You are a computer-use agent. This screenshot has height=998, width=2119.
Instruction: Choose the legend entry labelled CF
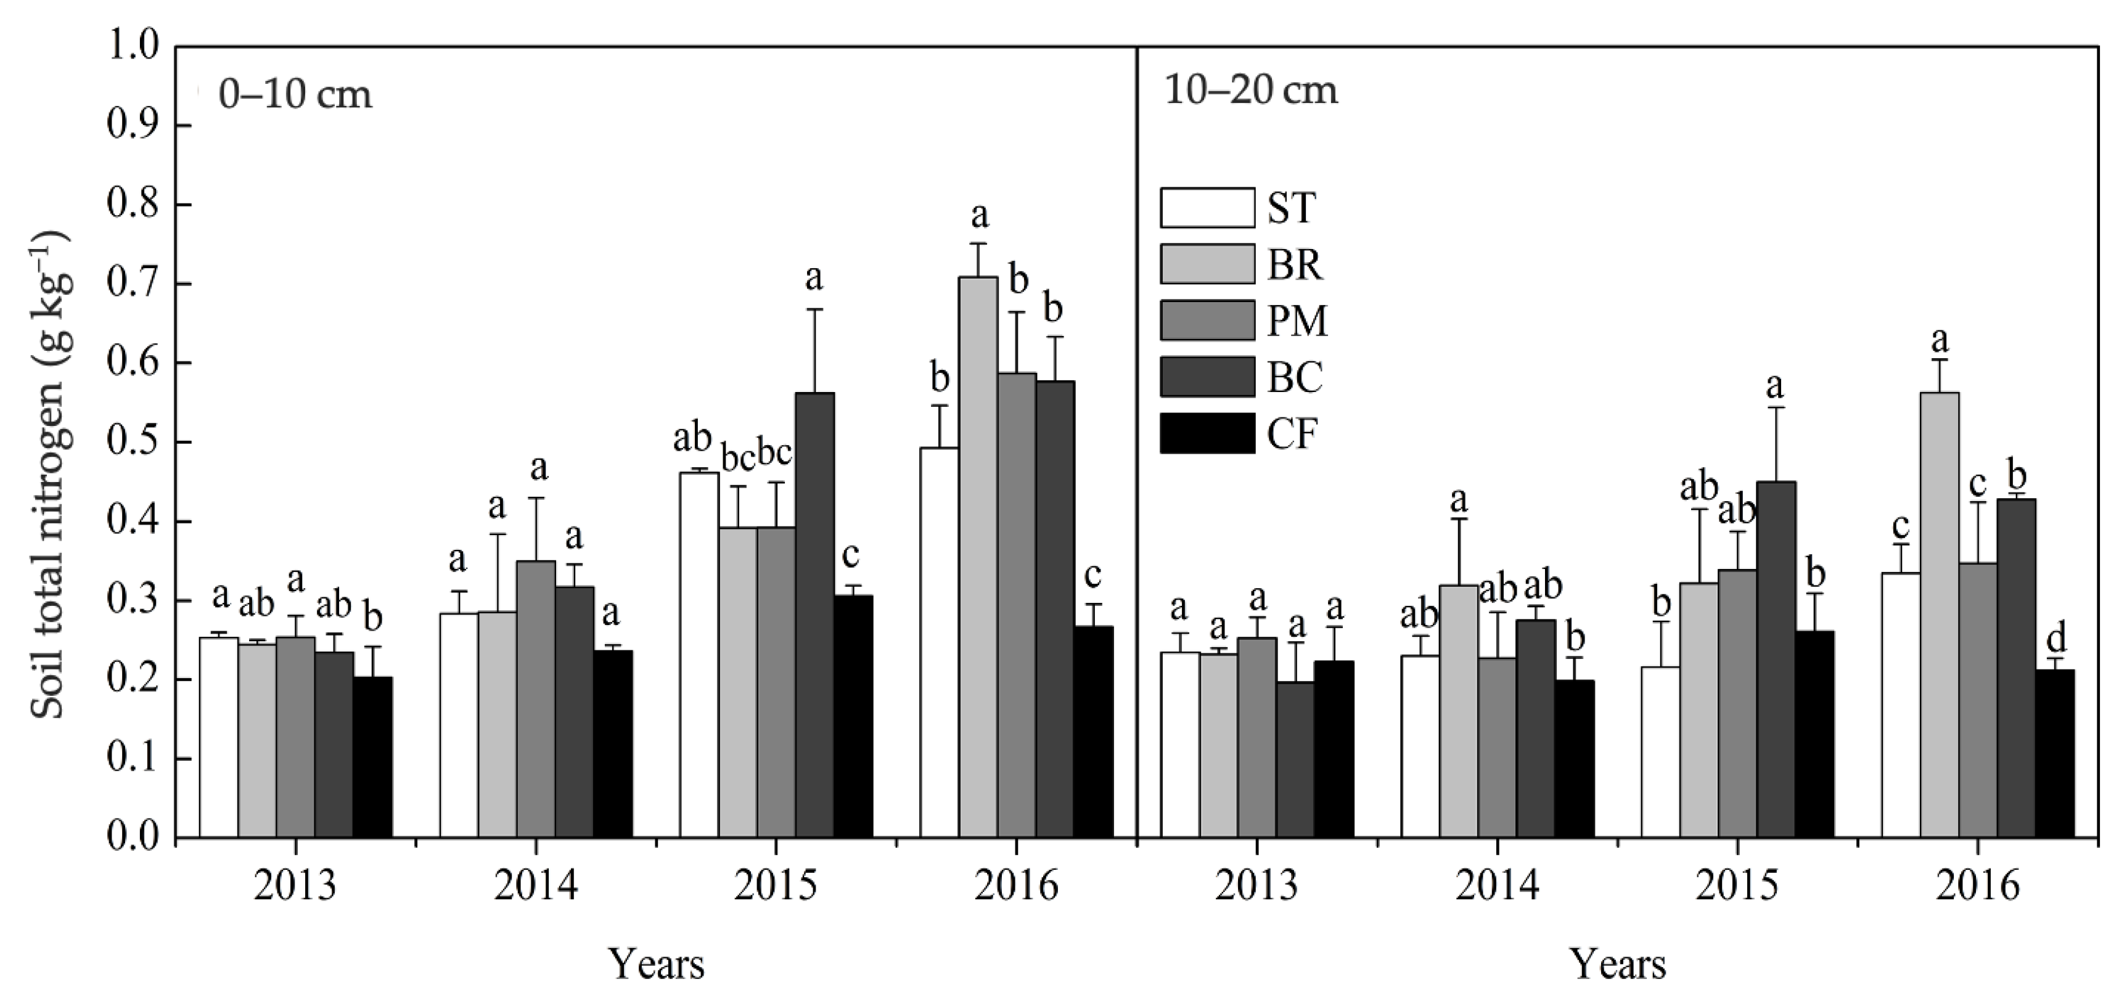[x=1292, y=433]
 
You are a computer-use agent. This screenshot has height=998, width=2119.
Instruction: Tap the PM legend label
[x=1297, y=321]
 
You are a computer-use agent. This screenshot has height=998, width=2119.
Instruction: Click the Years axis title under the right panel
[x=1618, y=964]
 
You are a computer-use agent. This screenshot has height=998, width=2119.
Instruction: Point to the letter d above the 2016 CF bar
[x=2054, y=637]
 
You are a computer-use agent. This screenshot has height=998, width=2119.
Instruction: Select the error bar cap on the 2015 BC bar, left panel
[x=814, y=309]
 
